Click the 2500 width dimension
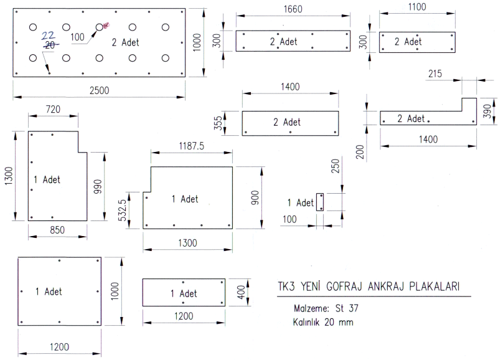(99, 90)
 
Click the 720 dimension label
(53, 110)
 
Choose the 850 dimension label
(58, 230)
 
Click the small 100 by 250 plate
(321, 202)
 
